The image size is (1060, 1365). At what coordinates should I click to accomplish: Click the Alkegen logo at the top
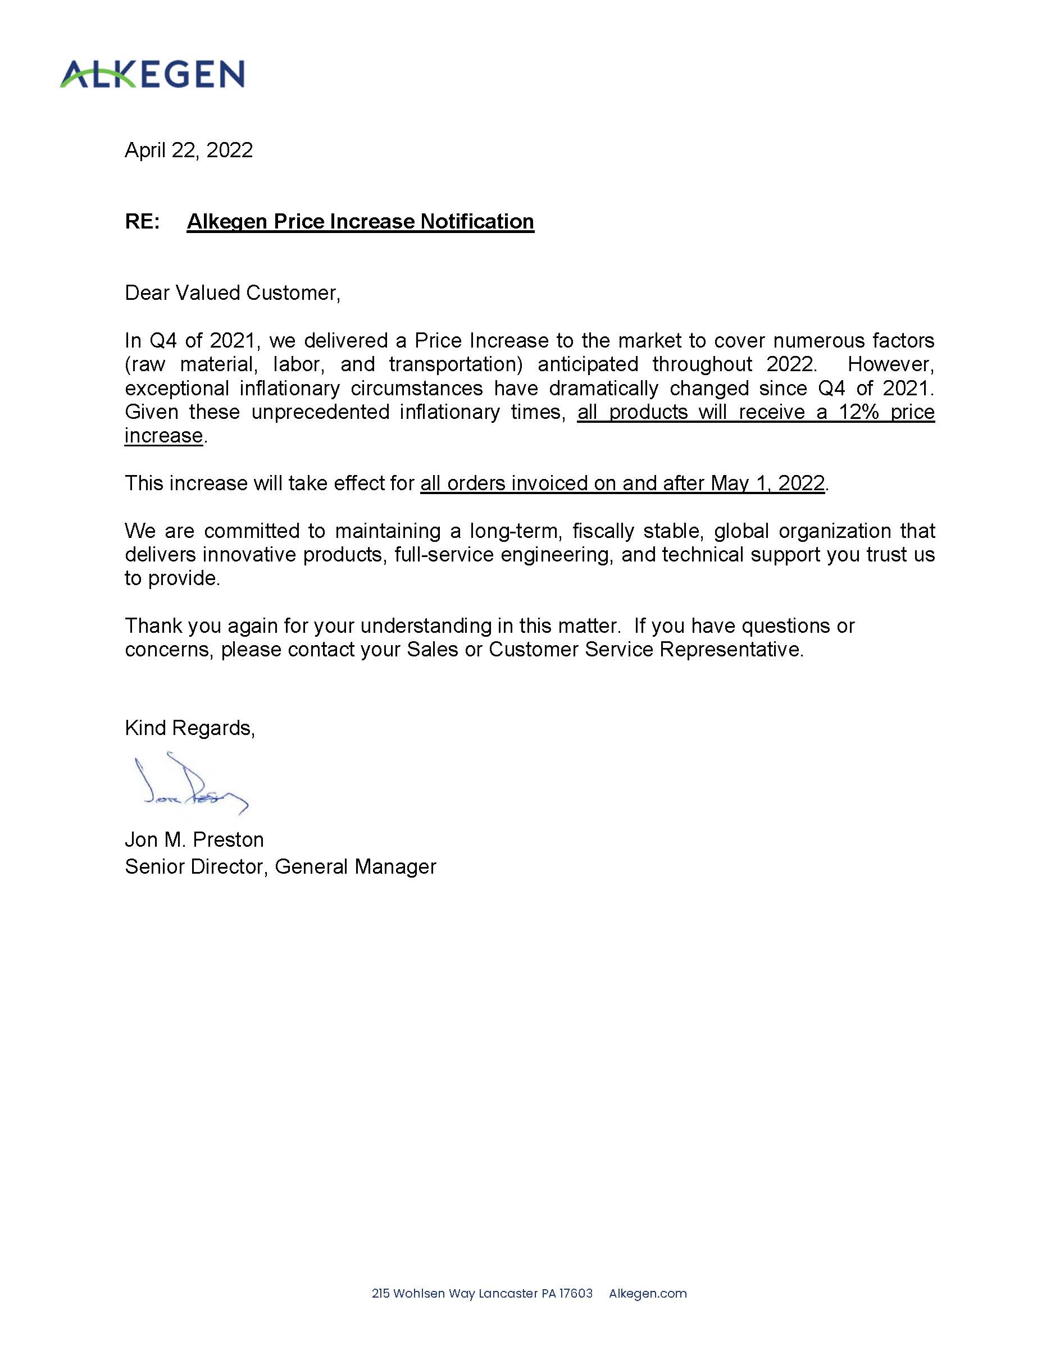click(152, 74)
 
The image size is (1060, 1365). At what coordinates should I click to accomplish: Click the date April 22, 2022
click(188, 150)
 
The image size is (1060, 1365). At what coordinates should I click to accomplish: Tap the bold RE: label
click(142, 221)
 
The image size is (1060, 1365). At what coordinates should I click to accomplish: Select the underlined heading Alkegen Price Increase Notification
click(360, 221)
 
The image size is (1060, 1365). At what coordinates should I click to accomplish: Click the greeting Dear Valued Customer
click(232, 293)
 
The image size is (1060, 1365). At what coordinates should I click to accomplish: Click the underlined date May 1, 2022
click(767, 483)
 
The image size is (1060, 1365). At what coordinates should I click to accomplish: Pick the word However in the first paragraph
click(890, 364)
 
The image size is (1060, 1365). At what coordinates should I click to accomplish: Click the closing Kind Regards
click(189, 728)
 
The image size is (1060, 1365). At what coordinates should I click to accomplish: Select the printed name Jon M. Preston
click(194, 839)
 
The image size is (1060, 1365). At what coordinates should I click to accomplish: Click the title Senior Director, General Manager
click(280, 866)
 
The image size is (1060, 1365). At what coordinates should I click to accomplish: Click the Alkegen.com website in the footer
click(647, 1293)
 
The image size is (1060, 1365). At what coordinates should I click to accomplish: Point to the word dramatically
click(603, 388)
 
